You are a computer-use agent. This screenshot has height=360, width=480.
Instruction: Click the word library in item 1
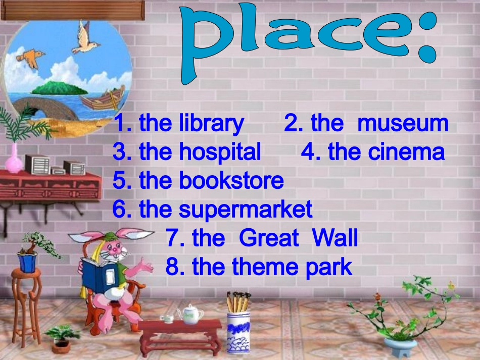(212, 124)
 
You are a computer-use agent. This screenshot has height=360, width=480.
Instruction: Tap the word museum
(403, 124)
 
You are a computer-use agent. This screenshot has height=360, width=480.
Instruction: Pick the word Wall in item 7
(335, 238)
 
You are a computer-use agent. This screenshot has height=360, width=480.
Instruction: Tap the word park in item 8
(328, 267)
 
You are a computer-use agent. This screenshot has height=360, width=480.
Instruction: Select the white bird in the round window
(84, 40)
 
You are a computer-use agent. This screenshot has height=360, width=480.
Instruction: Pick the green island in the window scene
(57, 88)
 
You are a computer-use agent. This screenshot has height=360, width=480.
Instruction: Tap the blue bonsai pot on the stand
(27, 263)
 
